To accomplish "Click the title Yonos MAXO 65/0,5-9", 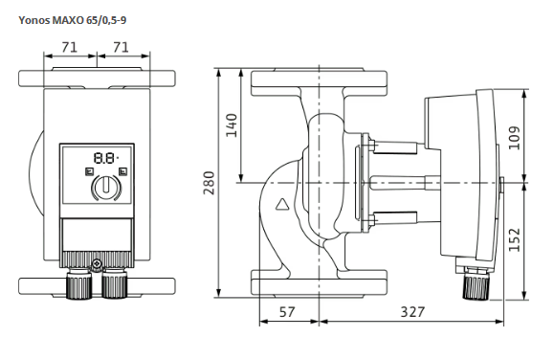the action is (73, 20).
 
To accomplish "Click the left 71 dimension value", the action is (69, 47).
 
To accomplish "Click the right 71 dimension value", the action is (122, 47).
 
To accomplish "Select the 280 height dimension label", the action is (209, 183).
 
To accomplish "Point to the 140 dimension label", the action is (232, 125).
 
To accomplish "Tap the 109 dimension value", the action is (514, 138).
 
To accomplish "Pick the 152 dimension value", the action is (514, 239).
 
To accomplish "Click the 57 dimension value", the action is (287, 312).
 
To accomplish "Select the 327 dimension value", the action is (412, 312).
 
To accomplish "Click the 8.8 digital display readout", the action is (105, 158).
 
